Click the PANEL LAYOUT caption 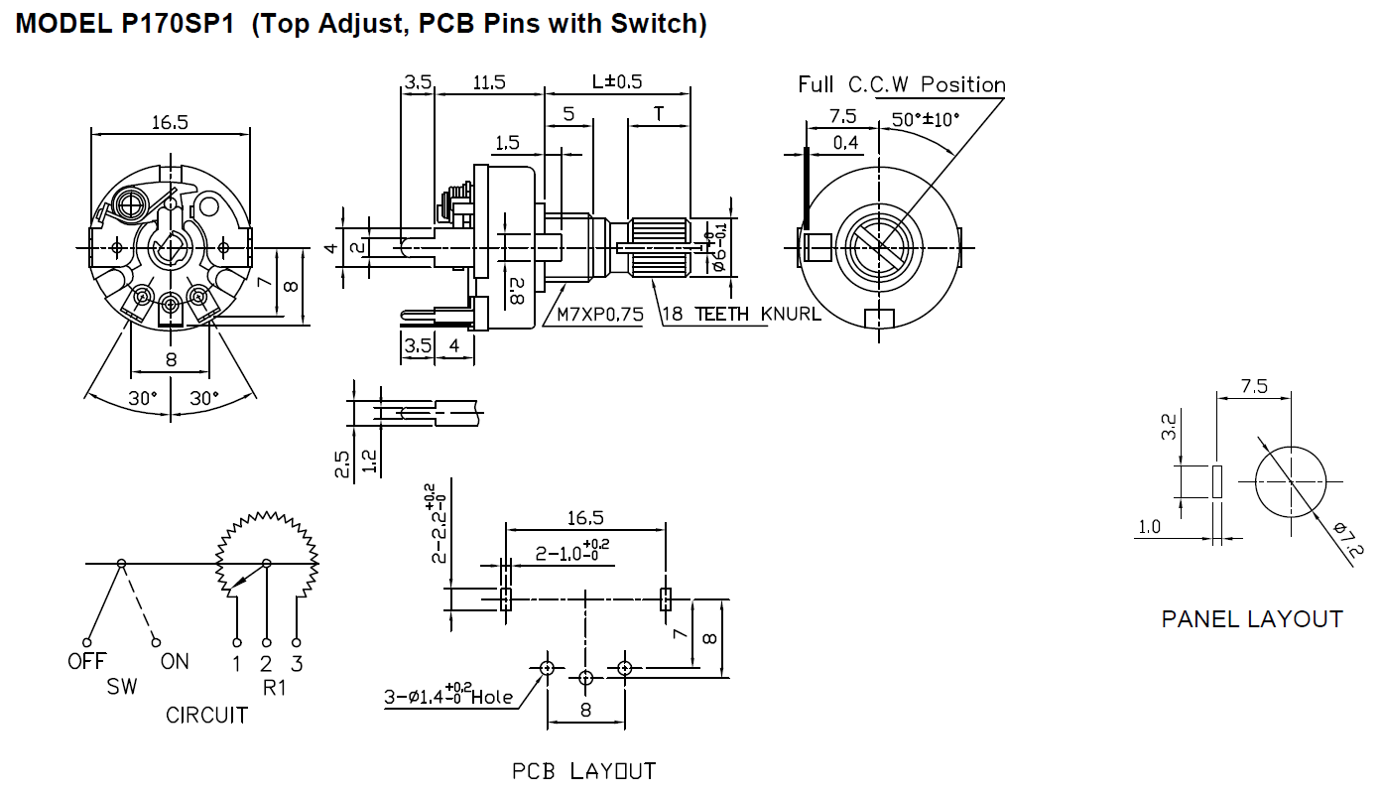[x=1251, y=619]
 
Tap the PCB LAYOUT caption [x=583, y=771]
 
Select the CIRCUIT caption [x=206, y=715]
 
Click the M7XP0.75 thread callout [x=600, y=315]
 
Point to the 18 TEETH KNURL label [x=741, y=315]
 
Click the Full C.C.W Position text [x=902, y=85]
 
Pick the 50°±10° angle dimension [x=925, y=120]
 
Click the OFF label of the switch [x=86, y=661]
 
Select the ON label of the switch [x=174, y=661]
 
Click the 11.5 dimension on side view [x=488, y=83]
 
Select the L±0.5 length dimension [x=617, y=81]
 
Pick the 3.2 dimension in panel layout [x=1170, y=428]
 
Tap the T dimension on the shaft [x=659, y=113]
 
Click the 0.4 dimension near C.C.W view [x=845, y=144]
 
